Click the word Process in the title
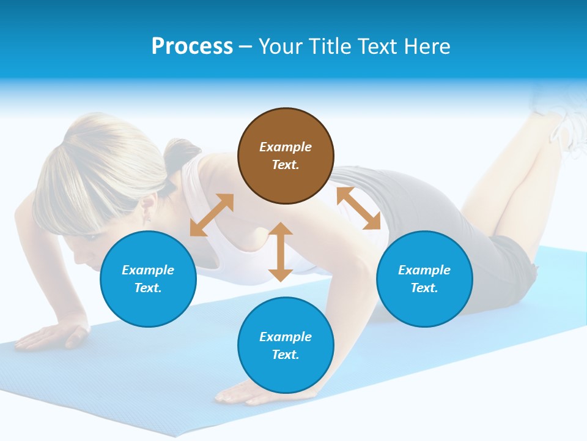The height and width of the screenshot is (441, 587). [x=192, y=47]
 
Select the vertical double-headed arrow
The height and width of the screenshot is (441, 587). [x=281, y=252]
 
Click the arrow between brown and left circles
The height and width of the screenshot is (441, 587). [x=212, y=215]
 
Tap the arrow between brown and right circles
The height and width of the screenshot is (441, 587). [x=358, y=208]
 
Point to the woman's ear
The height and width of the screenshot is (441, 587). [x=147, y=211]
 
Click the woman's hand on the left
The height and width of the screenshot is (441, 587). [x=52, y=336]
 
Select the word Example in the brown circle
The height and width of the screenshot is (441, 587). [x=286, y=147]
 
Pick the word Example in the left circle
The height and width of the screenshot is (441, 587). [x=148, y=270]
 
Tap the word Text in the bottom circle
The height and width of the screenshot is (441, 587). [x=286, y=355]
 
